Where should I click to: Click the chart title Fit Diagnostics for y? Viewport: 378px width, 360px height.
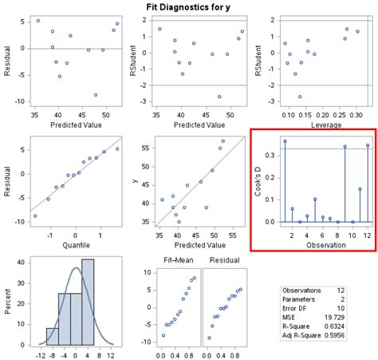189,6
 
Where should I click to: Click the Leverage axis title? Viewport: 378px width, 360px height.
317,125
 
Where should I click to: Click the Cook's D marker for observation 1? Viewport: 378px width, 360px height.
285,141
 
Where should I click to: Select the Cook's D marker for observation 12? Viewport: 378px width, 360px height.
368,145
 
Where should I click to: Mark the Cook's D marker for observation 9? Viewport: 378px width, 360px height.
345,147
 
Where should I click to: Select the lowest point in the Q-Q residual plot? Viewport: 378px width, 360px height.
35,216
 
